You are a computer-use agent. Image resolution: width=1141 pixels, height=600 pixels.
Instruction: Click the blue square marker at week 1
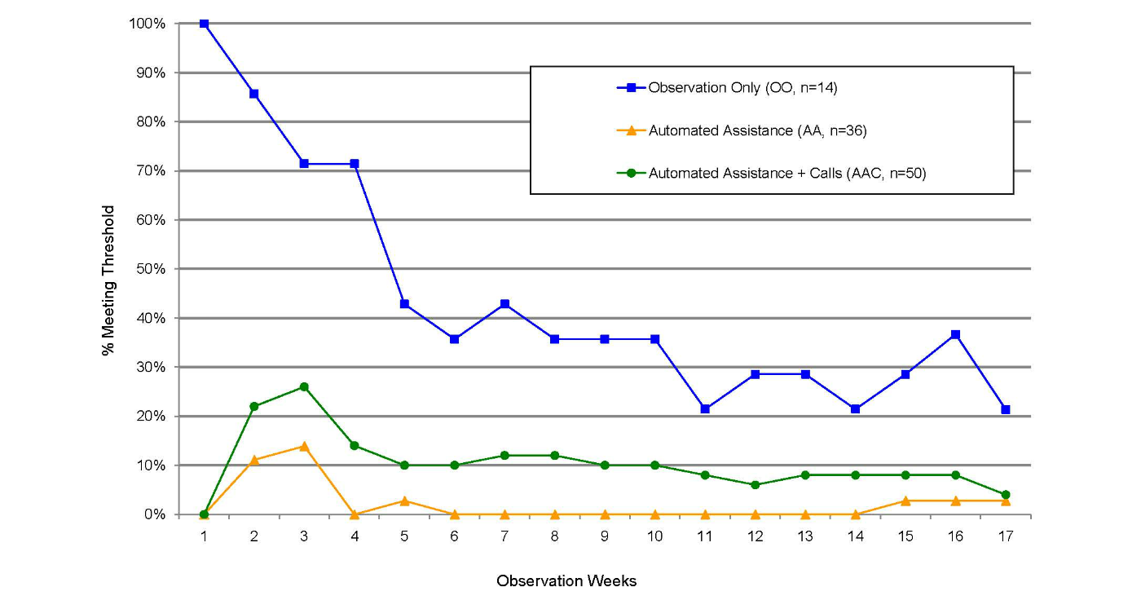click(x=204, y=24)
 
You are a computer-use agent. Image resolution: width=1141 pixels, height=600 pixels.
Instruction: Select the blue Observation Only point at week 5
click(x=404, y=304)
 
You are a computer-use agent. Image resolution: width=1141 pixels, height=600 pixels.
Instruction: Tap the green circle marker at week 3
click(x=304, y=386)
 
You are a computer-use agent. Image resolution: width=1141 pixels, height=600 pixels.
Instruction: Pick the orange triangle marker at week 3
click(x=304, y=446)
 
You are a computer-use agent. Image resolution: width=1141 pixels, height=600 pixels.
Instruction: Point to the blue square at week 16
click(x=955, y=334)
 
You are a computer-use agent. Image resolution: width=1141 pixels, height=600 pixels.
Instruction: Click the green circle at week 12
click(x=755, y=485)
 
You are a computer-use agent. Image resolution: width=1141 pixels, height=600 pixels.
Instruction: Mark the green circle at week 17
click(x=1005, y=495)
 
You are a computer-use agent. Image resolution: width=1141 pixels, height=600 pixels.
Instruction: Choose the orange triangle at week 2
click(x=254, y=460)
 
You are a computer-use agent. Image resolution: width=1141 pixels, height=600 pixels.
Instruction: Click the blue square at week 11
click(x=705, y=409)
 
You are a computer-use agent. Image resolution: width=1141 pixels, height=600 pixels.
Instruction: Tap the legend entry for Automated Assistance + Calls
click(x=786, y=173)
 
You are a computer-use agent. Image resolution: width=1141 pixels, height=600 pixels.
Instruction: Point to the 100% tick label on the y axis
click(x=148, y=24)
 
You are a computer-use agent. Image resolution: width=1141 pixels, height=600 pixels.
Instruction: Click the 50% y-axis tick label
click(x=152, y=269)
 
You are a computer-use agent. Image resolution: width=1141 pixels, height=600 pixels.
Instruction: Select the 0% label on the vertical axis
click(x=155, y=514)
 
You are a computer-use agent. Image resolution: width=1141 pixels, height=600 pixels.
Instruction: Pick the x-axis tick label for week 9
click(x=605, y=536)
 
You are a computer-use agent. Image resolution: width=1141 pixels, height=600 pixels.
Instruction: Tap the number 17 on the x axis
click(x=1005, y=536)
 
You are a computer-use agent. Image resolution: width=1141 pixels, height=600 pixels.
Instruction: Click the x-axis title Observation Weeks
click(x=566, y=581)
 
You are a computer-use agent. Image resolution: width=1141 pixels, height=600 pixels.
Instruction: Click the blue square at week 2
click(x=254, y=94)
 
